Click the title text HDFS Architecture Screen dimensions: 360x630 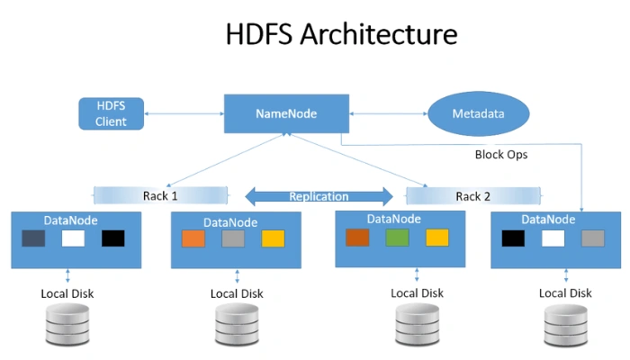(341, 34)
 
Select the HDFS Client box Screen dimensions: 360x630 (111, 113)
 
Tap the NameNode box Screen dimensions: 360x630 (285, 114)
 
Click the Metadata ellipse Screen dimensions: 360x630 (478, 114)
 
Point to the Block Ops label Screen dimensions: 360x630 (500, 154)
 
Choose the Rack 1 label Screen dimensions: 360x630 (160, 195)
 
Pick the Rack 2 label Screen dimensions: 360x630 (473, 196)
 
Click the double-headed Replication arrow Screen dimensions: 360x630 (319, 196)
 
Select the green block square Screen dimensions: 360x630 (397, 238)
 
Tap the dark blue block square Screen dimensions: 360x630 (33, 238)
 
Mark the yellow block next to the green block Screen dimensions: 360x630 (436, 238)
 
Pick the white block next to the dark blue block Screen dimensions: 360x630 (73, 238)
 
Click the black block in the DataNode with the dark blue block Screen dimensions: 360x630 (112, 238)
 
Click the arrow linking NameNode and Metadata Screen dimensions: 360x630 (388, 114)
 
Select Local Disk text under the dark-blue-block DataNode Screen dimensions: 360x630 (67, 293)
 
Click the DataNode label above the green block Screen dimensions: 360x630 (394, 219)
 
